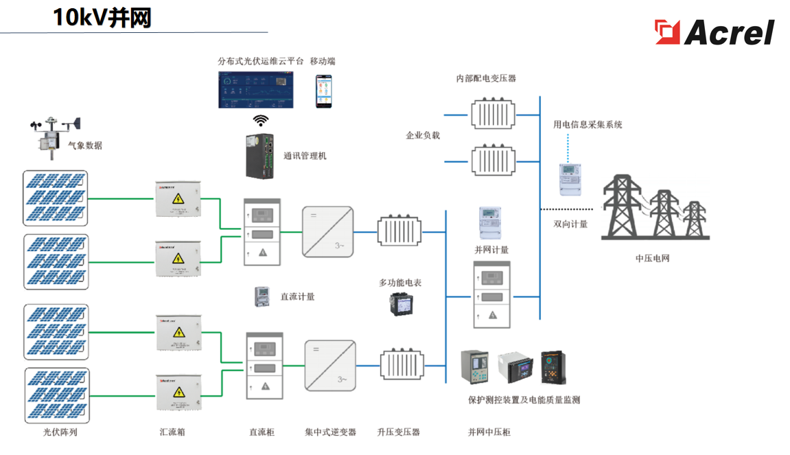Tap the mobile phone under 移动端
323,91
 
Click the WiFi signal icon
261,121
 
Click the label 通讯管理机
305,156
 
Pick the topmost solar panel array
56,198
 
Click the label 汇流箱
172,432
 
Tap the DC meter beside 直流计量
262,296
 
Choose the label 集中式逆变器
330,432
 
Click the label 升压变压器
398,432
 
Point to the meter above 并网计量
489,222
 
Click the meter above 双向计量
570,179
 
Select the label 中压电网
652,259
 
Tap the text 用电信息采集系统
588,125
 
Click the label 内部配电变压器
486,78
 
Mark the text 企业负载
423,135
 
